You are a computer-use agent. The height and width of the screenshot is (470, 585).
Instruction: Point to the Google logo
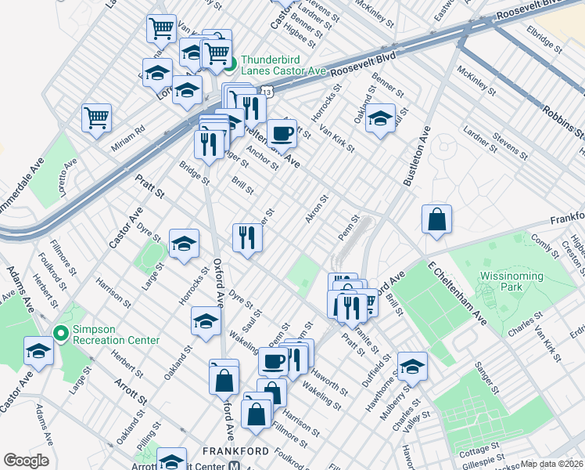point(26,461)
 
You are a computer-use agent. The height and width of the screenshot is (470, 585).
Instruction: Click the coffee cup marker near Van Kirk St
point(282,132)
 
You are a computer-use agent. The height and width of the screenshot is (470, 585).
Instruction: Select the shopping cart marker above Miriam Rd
point(96,117)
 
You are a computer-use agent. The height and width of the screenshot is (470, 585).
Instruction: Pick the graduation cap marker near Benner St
point(381,118)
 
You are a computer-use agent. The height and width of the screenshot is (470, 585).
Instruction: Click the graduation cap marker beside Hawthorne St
point(412,366)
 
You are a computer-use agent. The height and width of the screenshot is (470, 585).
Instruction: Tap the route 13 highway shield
point(267,92)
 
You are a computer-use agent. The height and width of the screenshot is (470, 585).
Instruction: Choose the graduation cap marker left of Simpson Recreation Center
point(38,350)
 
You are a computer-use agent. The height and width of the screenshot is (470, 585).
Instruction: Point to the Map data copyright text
point(552,464)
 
